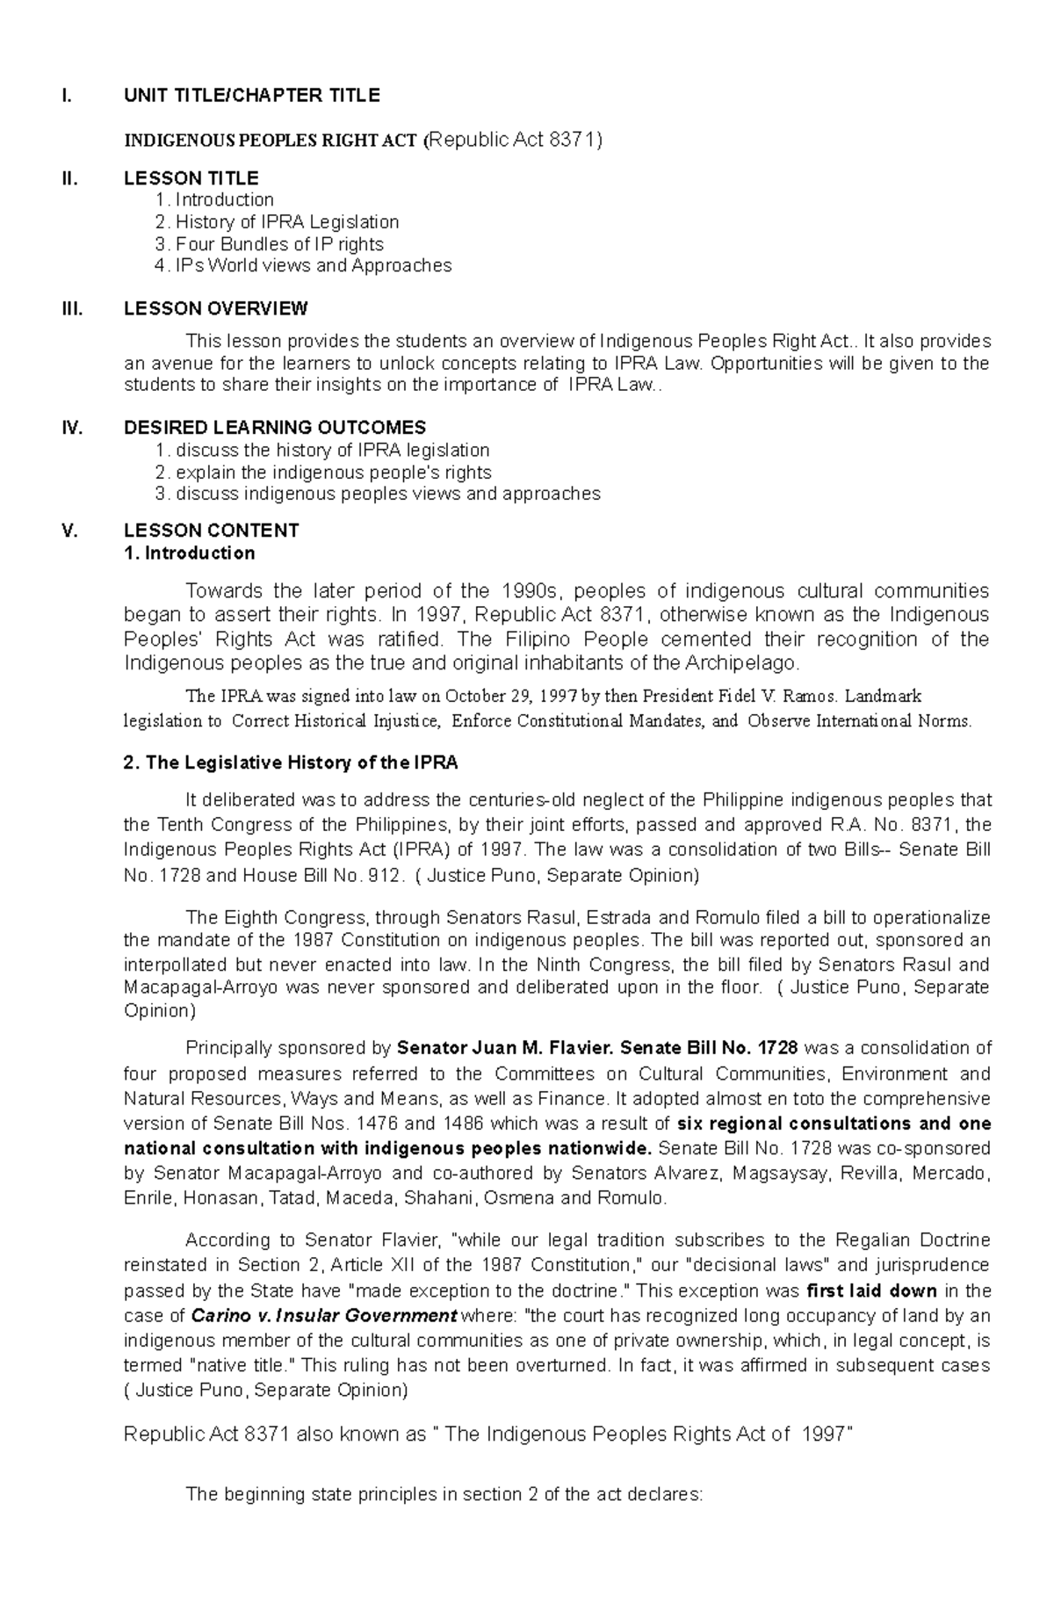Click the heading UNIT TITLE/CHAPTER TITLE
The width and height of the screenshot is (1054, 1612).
pyautogui.click(x=251, y=96)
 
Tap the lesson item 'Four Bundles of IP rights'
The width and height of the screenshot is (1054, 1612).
pyautogui.click(x=278, y=243)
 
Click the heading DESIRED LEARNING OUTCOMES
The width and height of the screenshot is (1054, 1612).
pyautogui.click(x=275, y=428)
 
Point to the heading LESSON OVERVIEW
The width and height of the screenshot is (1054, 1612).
pyautogui.click(x=215, y=308)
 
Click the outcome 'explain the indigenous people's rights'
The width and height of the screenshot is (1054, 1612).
pyautogui.click(x=333, y=472)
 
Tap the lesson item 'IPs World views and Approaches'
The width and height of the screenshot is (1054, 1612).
pyautogui.click(x=313, y=265)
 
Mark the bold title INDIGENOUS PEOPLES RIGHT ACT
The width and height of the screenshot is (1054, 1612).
pyautogui.click(x=271, y=141)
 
